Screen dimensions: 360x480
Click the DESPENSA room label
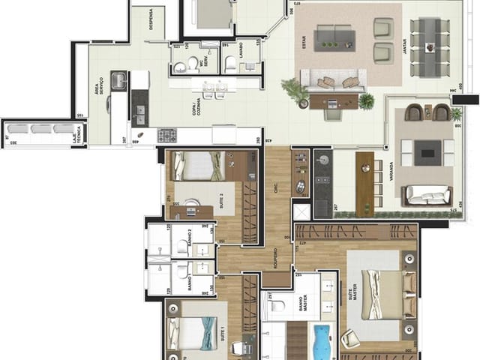151,19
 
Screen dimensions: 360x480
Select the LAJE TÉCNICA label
75,134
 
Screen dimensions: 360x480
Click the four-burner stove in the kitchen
166,136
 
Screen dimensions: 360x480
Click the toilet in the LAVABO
231,64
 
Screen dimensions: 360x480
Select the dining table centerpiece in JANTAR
430,47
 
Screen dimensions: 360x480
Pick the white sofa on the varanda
426,195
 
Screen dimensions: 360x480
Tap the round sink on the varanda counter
324,160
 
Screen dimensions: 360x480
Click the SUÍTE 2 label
222,200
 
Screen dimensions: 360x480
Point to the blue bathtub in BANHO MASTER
324,341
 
